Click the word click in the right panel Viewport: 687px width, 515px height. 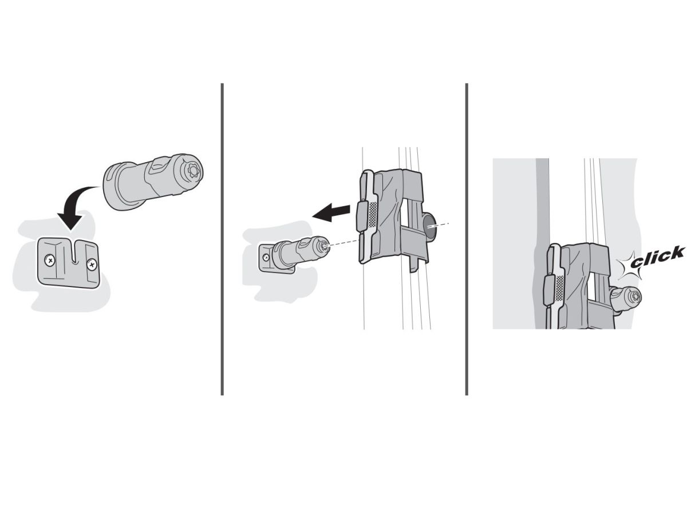(x=657, y=257)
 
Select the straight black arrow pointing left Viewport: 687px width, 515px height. (x=331, y=212)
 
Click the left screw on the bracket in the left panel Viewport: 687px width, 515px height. (x=50, y=260)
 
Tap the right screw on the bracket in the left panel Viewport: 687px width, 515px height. (x=92, y=265)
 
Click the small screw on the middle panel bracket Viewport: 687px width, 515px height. (x=266, y=257)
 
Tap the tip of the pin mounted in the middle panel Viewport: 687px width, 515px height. (x=325, y=247)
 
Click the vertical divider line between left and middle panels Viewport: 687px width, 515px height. (x=222, y=239)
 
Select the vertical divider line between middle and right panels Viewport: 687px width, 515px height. (x=467, y=239)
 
